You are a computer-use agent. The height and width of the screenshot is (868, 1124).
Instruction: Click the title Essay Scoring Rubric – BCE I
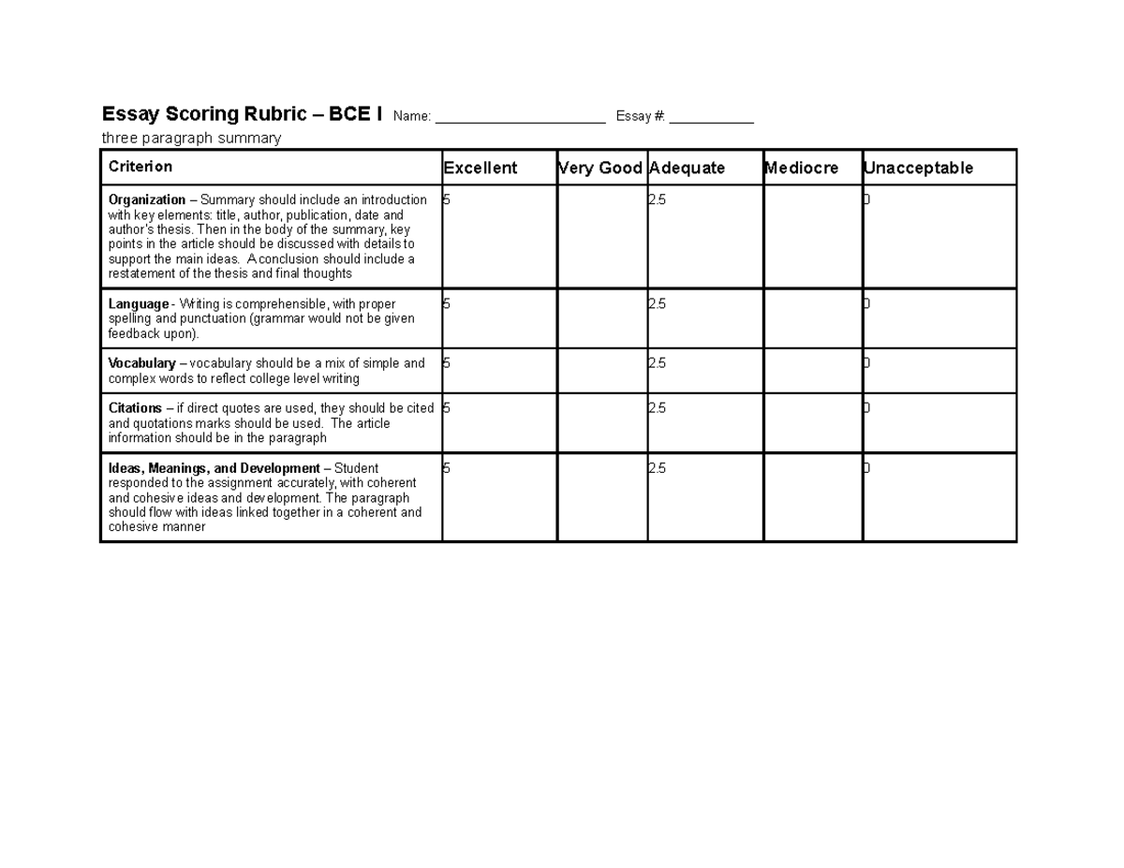point(242,114)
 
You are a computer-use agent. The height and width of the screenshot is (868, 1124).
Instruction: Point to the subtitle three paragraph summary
point(191,139)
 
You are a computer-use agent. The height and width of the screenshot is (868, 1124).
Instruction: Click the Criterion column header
point(140,167)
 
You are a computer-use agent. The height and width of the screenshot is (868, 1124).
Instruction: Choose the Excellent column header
point(481,169)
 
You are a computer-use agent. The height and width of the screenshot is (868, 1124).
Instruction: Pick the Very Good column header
point(600,169)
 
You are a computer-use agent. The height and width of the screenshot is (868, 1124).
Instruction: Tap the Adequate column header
point(687,169)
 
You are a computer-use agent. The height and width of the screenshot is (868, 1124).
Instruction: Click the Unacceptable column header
point(919,169)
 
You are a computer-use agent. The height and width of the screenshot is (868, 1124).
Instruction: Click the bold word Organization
point(147,199)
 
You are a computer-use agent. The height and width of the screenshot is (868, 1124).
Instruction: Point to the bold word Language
point(138,303)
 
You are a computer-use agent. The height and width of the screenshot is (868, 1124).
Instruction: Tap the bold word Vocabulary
point(142,363)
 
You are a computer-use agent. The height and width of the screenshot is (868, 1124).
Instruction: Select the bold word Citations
point(136,408)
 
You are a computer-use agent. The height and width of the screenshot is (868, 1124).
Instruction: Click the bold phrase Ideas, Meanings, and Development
point(214,468)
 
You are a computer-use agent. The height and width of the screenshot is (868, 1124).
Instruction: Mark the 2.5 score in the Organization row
point(657,199)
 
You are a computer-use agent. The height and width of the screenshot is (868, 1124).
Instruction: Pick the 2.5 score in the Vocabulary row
point(657,363)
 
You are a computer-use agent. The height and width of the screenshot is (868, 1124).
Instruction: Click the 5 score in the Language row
point(447,303)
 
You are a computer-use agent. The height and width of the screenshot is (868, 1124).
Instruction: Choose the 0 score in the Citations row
point(866,408)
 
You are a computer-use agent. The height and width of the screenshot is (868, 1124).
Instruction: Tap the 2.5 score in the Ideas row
point(657,468)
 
